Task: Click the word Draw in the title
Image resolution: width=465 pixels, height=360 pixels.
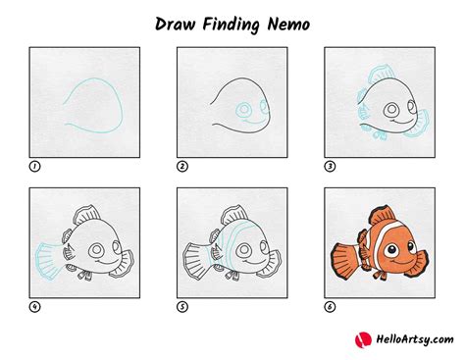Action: pos(175,25)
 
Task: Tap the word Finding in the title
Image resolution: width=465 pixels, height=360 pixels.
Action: pos(231,26)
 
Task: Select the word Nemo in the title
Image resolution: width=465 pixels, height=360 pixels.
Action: pos(288,25)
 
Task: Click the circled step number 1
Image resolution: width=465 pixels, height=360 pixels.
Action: pos(34,167)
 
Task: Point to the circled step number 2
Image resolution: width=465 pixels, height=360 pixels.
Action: pos(182,167)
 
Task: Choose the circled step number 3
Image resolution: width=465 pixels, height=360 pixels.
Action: pos(330,167)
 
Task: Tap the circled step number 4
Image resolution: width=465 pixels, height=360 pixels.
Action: pos(34,307)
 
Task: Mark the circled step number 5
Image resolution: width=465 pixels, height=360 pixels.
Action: pos(182,307)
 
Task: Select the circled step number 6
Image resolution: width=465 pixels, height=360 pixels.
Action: pos(330,307)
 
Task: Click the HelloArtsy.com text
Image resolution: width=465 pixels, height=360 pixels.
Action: pos(415,339)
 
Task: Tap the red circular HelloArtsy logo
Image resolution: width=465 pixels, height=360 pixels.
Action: pos(363,340)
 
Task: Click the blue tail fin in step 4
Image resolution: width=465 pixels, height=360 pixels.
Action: pos(49,261)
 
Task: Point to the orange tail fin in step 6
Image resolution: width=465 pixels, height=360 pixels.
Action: pos(345,261)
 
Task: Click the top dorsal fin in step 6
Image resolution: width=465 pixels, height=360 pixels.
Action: pos(383,216)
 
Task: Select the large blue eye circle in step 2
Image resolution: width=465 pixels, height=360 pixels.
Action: pos(243,110)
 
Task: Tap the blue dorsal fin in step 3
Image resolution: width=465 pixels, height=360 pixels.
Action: pos(382,75)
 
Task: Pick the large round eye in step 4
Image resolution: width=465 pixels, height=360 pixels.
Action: pos(96,250)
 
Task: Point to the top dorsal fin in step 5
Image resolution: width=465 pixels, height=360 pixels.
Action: pos(234,216)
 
